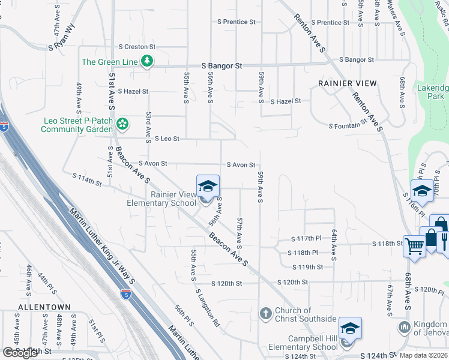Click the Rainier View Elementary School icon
pos(208,186)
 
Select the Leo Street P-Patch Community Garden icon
pos(122,124)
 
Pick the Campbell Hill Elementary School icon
pos(350,328)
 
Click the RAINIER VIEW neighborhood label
pos(348,83)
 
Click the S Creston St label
pos(137,47)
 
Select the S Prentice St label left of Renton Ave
pos(237,22)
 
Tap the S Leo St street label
pos(167,139)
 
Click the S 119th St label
pos(307,267)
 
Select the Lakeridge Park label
pos(432,92)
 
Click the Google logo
pos(20,353)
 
